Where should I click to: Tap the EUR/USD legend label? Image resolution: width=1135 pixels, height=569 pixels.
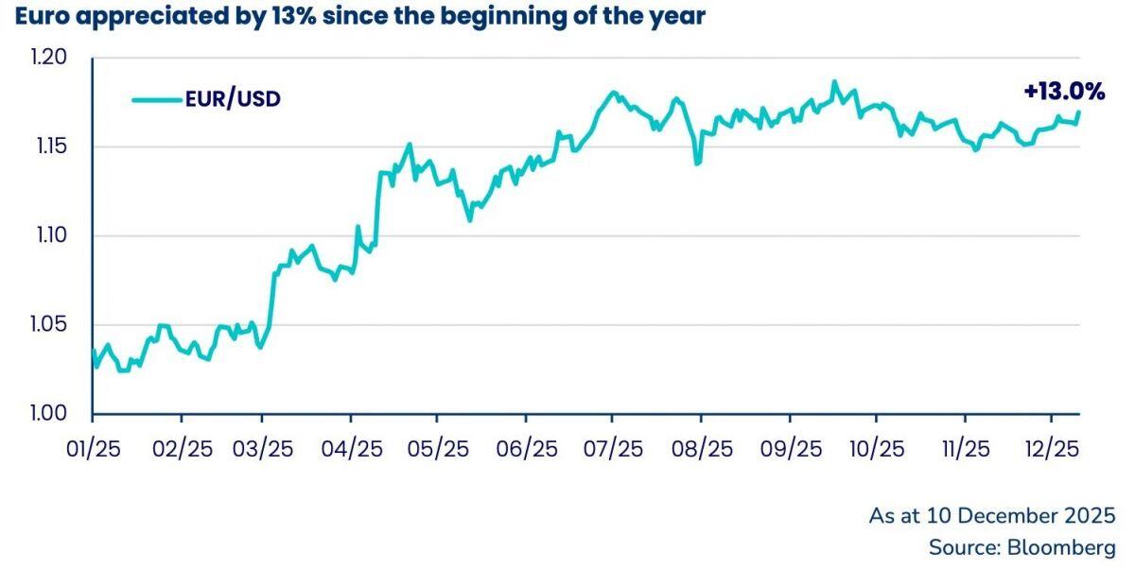(x=233, y=98)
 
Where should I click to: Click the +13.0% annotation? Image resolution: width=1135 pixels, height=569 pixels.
(x=1064, y=91)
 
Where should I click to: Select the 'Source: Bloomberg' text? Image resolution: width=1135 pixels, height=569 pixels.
(x=1021, y=548)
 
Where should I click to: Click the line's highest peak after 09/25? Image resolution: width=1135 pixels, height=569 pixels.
(x=833, y=82)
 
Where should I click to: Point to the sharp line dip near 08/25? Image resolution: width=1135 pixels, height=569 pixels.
(x=698, y=163)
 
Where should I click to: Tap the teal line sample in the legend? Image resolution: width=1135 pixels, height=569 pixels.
(x=156, y=98)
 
